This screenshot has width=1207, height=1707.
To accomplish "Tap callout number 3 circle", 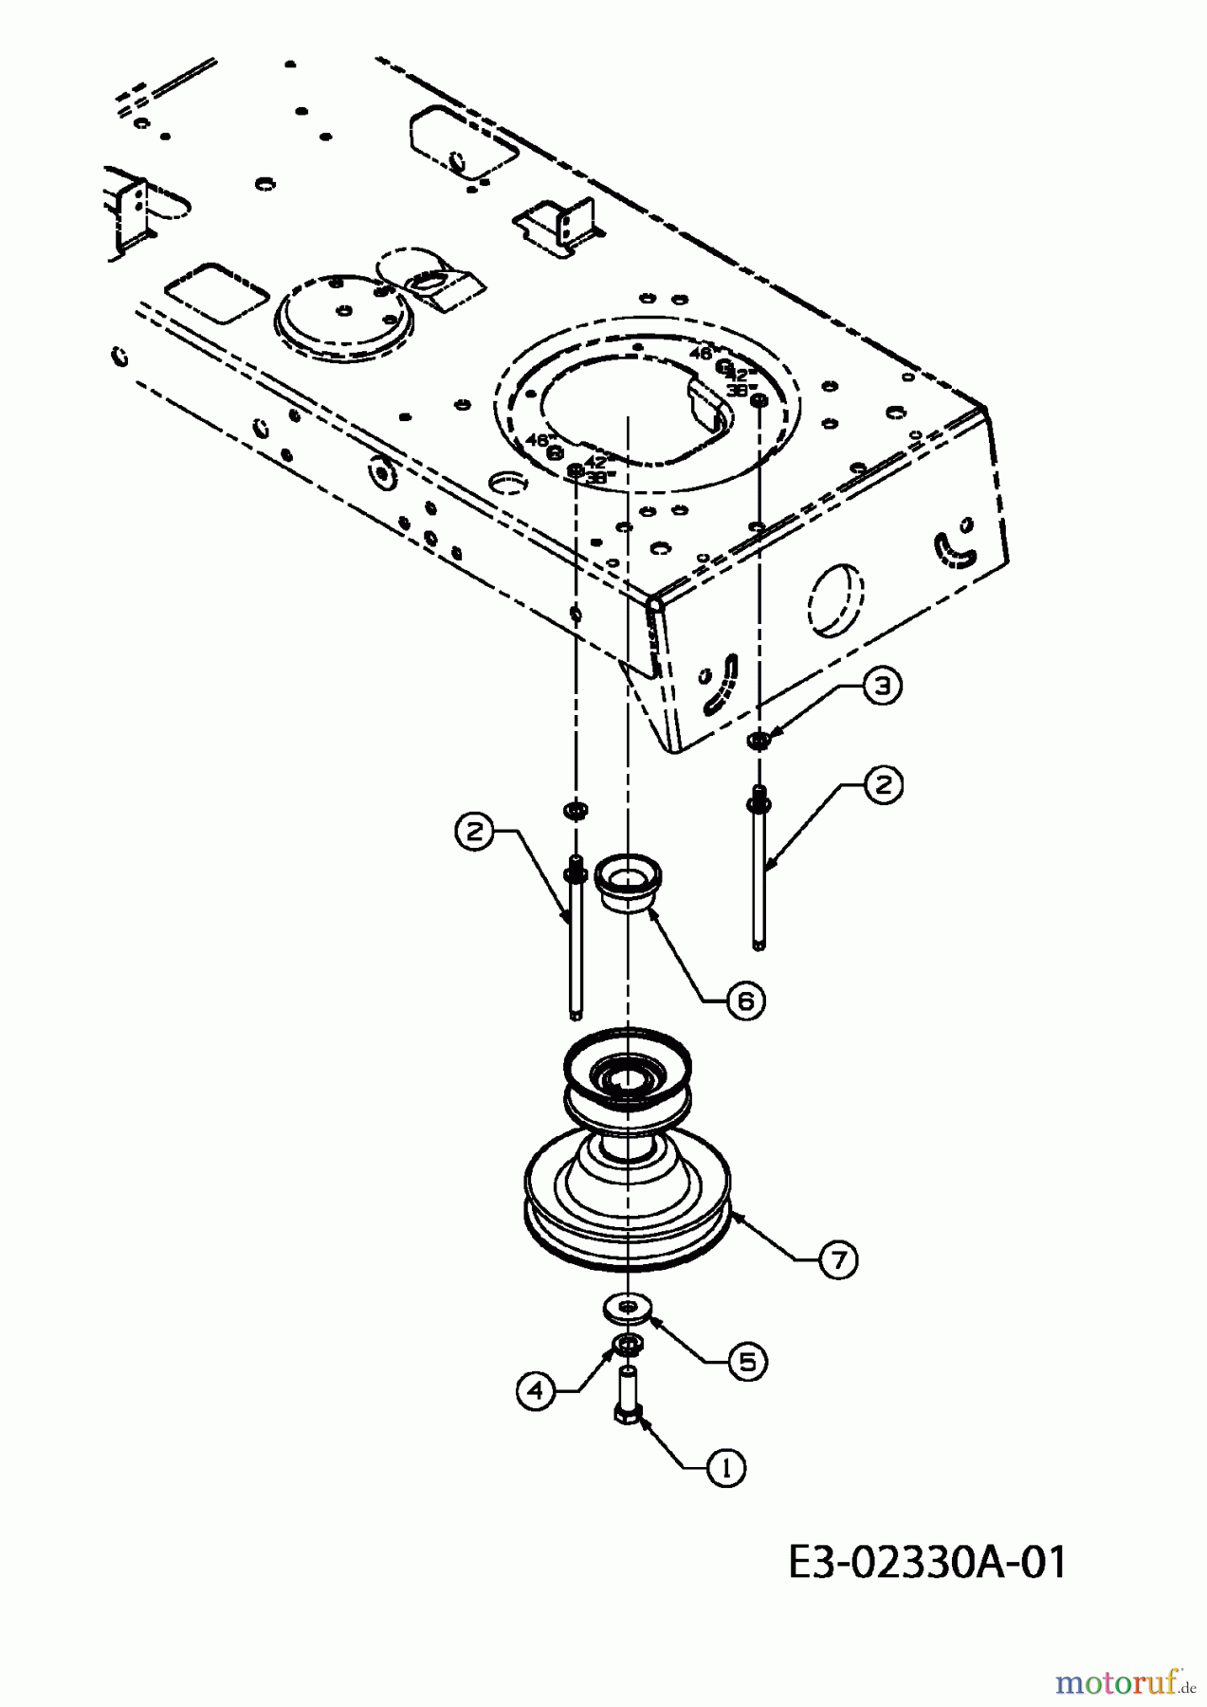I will pos(883,688).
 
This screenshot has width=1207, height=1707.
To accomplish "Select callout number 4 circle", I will pos(537,1390).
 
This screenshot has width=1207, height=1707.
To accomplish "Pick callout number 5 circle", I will pos(747,1362).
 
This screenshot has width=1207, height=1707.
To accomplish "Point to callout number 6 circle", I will pos(746,1000).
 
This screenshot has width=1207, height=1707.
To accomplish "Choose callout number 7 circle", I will pos(838,1259).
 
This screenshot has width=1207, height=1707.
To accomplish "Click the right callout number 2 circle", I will pos(883,784).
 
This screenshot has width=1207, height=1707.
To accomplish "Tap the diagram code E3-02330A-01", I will pos(926,1562).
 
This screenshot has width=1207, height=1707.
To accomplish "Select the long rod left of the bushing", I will pos(576,939).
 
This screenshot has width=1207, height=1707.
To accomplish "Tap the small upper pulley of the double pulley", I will pos(627,1081).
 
